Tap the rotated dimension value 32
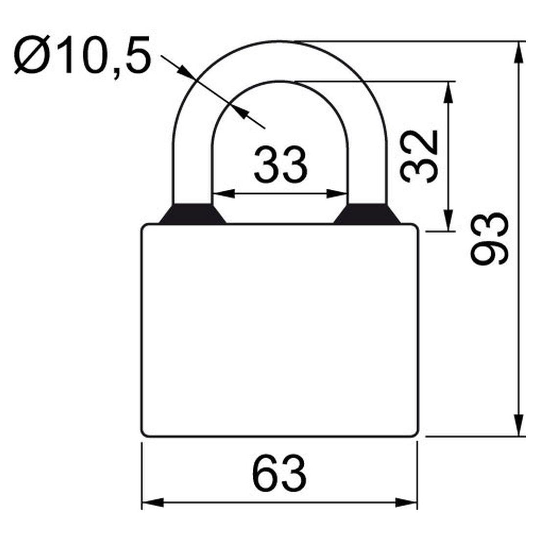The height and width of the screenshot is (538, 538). [418, 156]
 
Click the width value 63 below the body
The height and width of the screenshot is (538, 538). [280, 473]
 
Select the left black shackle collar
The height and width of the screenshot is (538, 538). [192, 214]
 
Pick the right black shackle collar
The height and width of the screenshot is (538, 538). [367, 214]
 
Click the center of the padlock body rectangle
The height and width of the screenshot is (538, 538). [280, 330]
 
